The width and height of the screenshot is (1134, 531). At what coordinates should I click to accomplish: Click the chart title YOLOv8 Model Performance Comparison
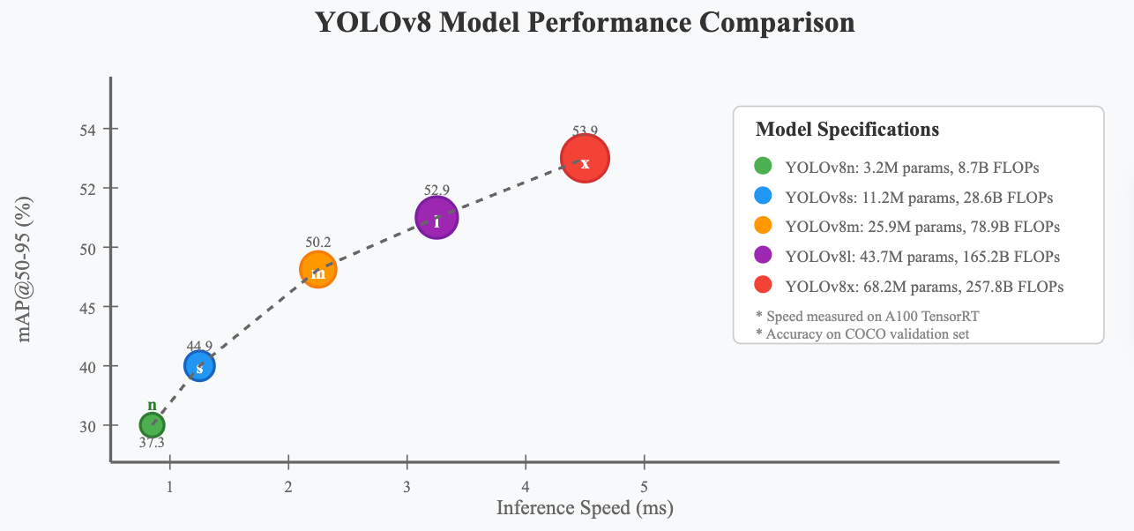coord(585,23)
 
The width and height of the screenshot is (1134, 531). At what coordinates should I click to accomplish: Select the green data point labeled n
coord(153,424)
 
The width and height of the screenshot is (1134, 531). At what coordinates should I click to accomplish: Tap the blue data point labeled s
coord(200,366)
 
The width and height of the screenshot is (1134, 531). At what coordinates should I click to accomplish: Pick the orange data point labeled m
coord(318,270)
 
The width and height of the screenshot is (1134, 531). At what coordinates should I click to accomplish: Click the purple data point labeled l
coord(436,219)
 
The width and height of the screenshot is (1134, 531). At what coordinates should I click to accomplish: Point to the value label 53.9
coord(585,131)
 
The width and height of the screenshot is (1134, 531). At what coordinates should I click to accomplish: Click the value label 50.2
coord(318,242)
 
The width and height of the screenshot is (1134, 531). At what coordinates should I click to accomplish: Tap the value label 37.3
coord(152,443)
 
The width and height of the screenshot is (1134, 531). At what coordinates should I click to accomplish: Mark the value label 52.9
coord(436,190)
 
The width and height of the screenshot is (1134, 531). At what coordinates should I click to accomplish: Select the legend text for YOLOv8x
coord(924,287)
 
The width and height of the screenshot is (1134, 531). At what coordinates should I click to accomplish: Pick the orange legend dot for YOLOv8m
coord(764,226)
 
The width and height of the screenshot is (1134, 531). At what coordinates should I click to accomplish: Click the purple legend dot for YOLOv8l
coord(764,256)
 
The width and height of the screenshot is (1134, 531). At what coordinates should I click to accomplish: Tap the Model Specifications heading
coord(847,130)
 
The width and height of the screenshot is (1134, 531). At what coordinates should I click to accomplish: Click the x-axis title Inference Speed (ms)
coord(585,508)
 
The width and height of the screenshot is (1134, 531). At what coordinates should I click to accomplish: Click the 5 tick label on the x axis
coord(645,487)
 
